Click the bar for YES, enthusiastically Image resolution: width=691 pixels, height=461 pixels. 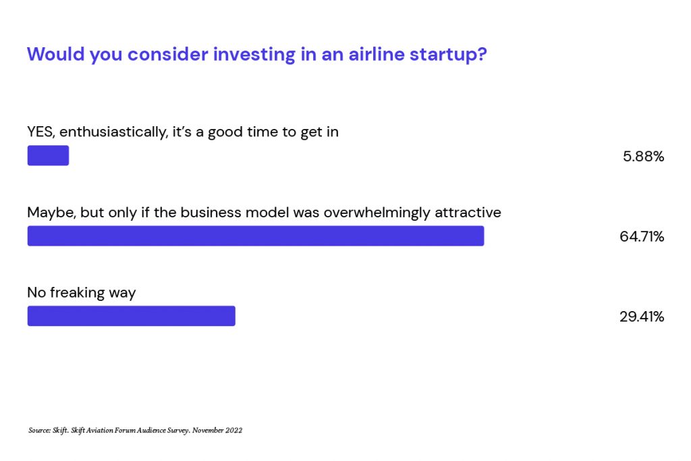pyautogui.click(x=48, y=155)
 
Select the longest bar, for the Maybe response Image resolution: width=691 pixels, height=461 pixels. pyautogui.click(x=256, y=236)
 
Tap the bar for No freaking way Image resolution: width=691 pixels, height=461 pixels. pyautogui.click(x=132, y=316)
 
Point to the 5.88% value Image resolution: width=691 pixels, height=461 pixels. pyautogui.click(x=643, y=157)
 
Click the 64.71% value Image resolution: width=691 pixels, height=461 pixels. pyautogui.click(x=642, y=237)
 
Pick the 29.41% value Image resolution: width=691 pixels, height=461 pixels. pyautogui.click(x=642, y=317)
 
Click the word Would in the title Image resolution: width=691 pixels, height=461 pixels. pyautogui.click(x=55, y=54)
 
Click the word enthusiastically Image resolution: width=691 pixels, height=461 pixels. pyautogui.click(x=113, y=132)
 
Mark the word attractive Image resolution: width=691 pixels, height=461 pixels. pyautogui.click(x=468, y=213)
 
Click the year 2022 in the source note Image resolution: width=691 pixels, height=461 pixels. pyautogui.click(x=234, y=431)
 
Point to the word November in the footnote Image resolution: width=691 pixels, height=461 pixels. pyautogui.click(x=208, y=431)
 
